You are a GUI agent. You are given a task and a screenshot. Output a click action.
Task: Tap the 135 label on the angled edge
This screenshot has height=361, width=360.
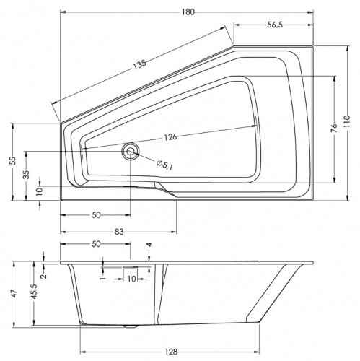139,63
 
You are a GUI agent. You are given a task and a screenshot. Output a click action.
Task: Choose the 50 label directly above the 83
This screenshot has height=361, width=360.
95,214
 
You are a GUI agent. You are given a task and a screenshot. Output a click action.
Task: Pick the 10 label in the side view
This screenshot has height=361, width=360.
131,278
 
